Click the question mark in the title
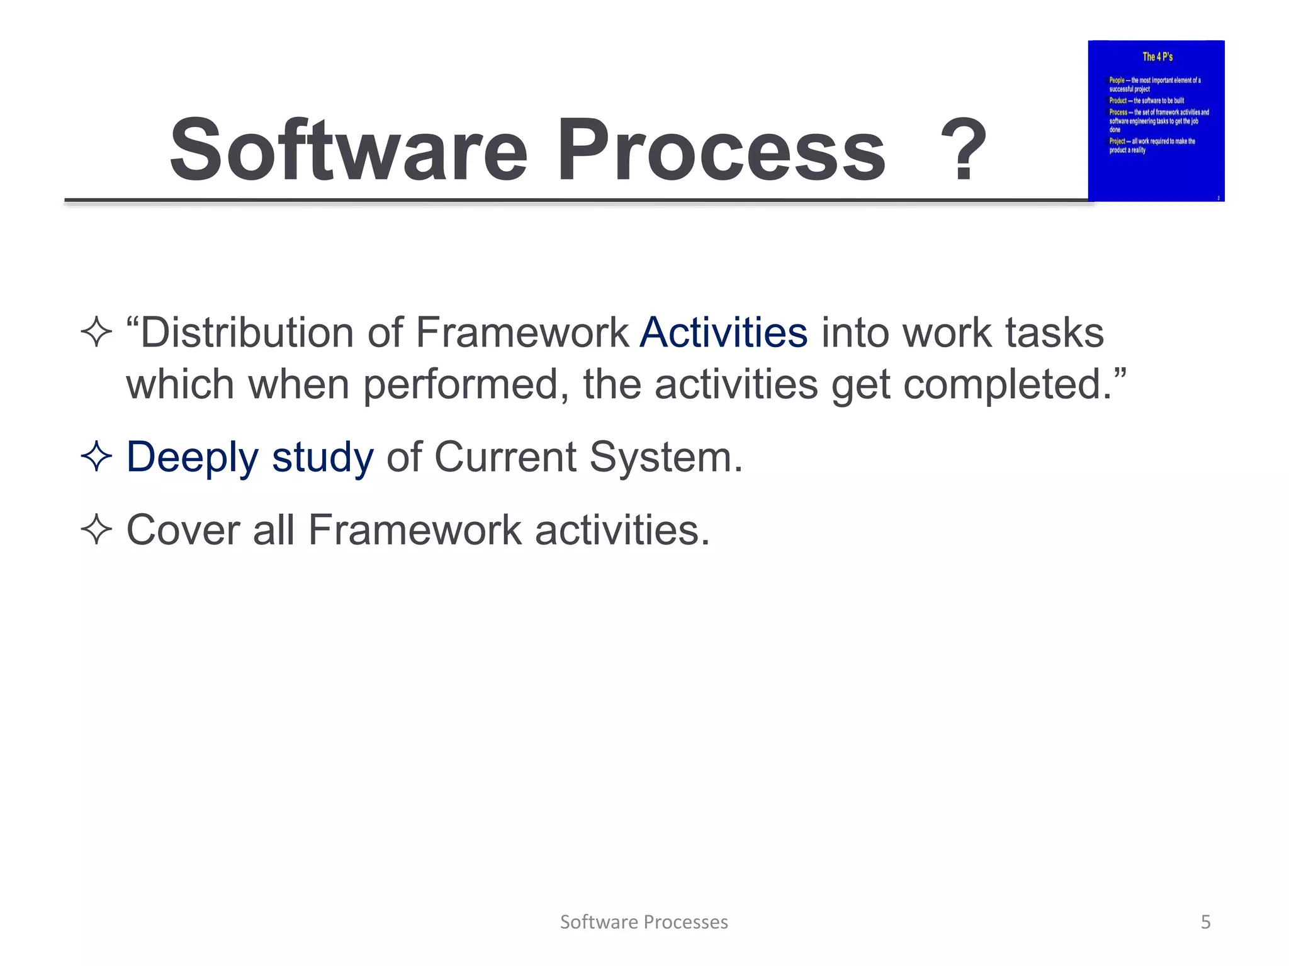(x=962, y=151)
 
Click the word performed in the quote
(x=461, y=385)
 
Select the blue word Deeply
(x=193, y=458)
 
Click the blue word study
(x=323, y=458)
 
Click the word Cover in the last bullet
(x=183, y=530)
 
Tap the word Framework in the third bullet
(x=415, y=530)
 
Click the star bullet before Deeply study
(x=96, y=457)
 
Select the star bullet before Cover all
(x=96, y=530)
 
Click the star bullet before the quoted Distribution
(x=96, y=332)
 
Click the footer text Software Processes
(x=644, y=922)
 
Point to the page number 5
(x=1205, y=922)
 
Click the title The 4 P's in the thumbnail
(x=1157, y=57)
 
